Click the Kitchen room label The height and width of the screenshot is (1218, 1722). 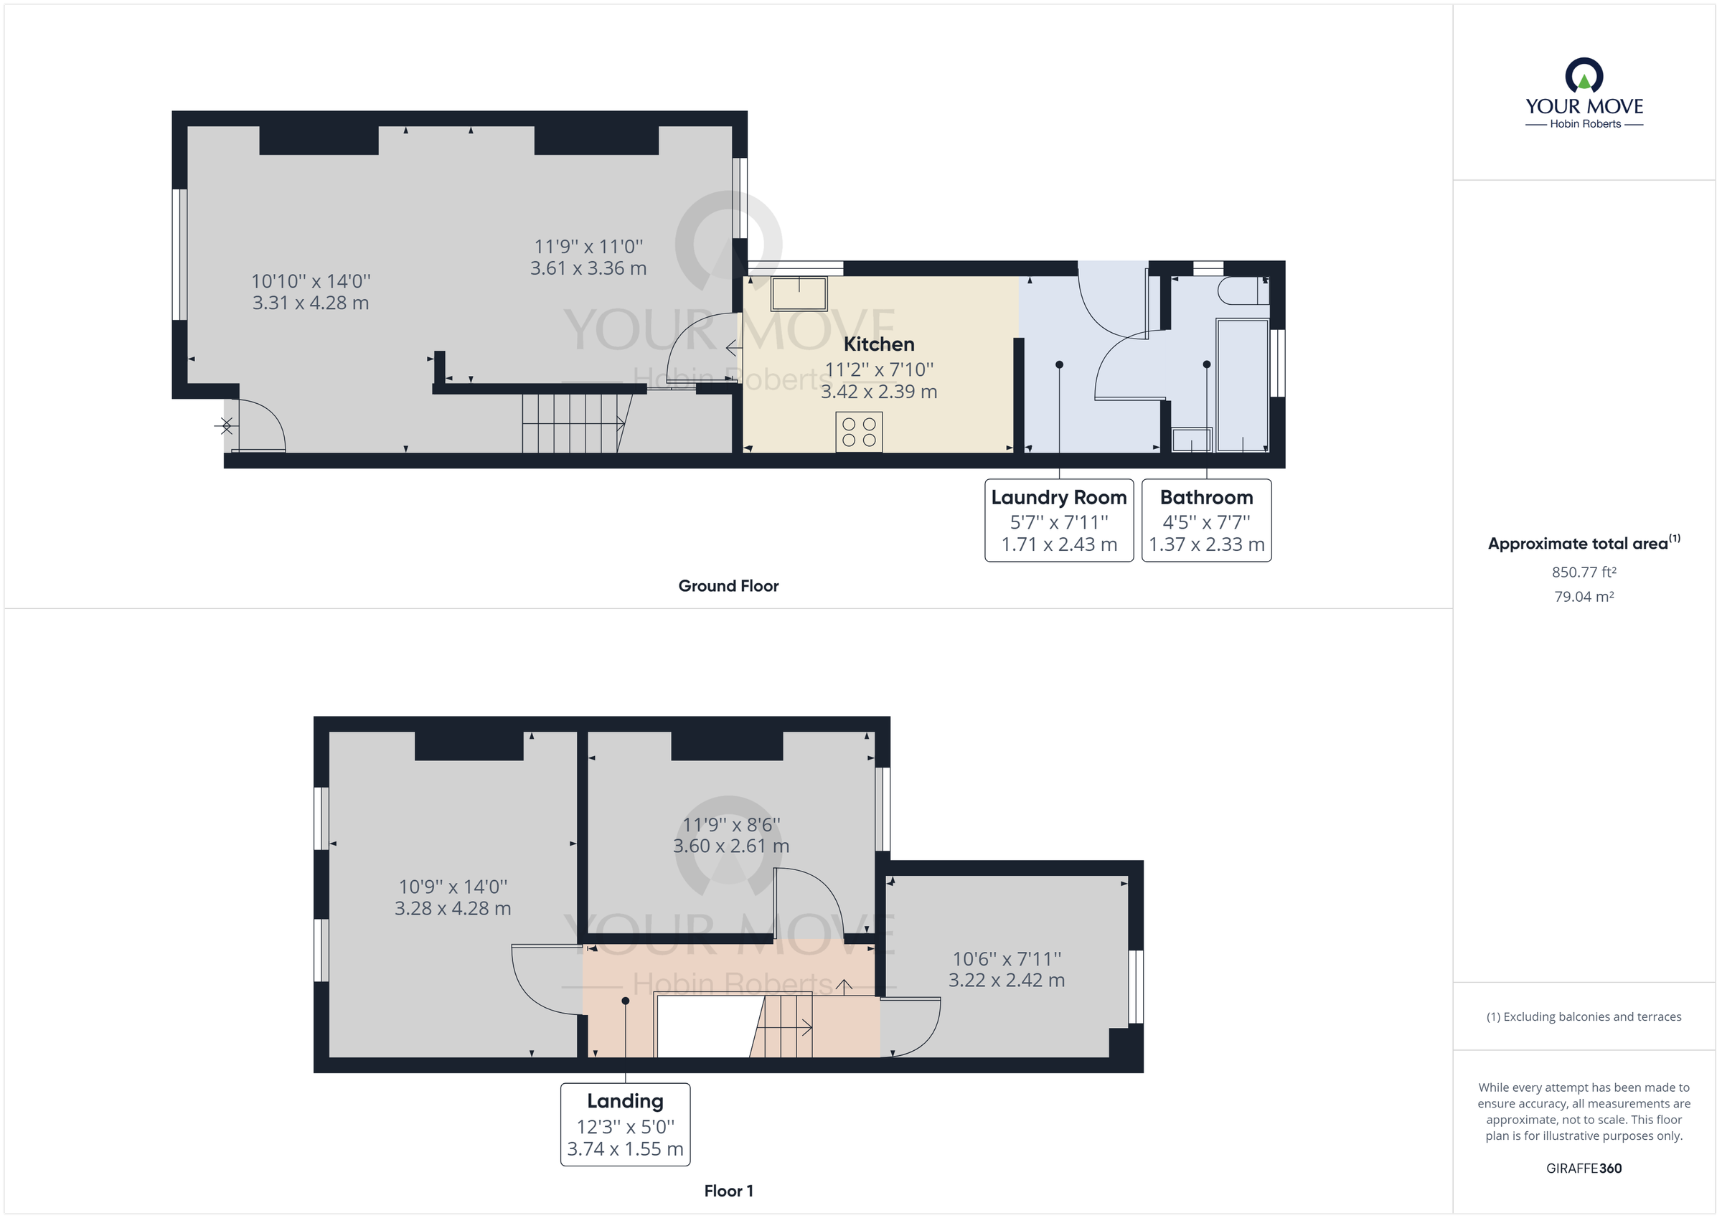[878, 344]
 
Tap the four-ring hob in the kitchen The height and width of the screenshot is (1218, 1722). [859, 432]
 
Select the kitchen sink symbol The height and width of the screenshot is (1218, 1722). [799, 293]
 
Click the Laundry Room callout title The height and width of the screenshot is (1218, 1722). [1058, 498]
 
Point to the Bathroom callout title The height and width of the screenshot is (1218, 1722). [1206, 498]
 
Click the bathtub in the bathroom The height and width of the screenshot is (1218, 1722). [1242, 385]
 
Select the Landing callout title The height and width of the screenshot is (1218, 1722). [625, 1101]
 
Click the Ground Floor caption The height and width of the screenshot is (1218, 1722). [728, 587]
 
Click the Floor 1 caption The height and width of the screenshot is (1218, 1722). [728, 1191]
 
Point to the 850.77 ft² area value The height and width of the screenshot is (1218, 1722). [1584, 572]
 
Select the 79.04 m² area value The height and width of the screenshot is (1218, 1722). [1584, 597]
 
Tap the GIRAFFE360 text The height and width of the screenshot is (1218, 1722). [1584, 1169]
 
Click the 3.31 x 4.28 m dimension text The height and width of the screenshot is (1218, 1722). [311, 303]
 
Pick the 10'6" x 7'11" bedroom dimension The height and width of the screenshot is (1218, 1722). [1007, 958]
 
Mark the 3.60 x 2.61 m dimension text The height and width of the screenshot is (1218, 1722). [730, 846]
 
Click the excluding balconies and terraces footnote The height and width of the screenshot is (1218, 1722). [1584, 1017]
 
